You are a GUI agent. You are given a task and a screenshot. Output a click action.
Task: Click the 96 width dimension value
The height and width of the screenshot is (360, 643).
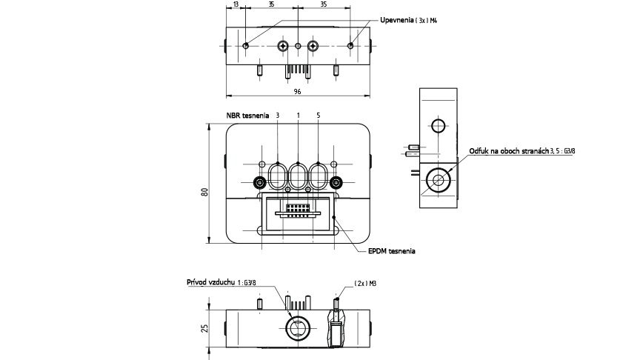click(x=297, y=91)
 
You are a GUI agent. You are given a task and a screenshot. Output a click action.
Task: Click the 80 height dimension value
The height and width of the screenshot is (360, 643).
click(x=204, y=192)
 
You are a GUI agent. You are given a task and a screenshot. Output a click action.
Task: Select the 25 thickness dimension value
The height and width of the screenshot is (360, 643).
click(x=204, y=328)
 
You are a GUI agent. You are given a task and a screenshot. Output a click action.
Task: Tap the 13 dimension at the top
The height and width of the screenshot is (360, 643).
click(x=236, y=4)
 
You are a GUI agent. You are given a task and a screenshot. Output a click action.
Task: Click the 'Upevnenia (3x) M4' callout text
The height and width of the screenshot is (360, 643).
click(x=408, y=20)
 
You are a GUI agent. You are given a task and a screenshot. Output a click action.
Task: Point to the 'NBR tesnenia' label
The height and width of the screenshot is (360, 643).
click(x=247, y=116)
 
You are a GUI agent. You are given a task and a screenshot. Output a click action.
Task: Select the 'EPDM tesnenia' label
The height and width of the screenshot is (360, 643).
click(x=392, y=251)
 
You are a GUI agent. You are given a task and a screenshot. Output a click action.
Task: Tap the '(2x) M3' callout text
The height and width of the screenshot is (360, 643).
click(x=365, y=283)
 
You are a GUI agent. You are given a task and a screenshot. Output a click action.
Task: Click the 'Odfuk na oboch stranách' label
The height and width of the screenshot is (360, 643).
click(x=509, y=151)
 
